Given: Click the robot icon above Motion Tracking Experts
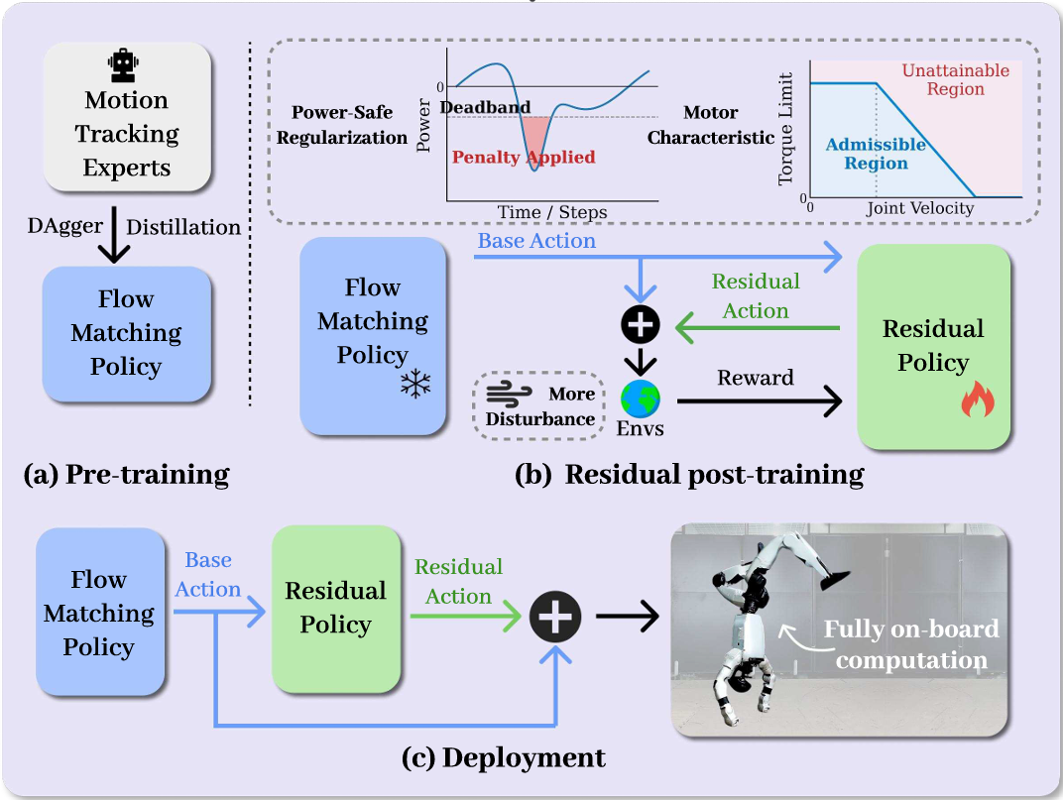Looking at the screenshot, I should click(124, 66).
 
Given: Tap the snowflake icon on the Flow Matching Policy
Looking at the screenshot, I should click(414, 386).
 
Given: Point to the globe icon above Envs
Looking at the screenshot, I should click(640, 400).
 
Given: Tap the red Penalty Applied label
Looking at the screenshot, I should click(524, 158).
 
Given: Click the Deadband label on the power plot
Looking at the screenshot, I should click(485, 107).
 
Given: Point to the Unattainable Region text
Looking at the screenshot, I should click(956, 79).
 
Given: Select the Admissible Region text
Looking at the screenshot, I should click(876, 154).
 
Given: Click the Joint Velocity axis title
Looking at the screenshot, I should click(919, 209).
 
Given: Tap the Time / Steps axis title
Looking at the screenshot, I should click(553, 212).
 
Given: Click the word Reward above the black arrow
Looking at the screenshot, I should click(757, 378).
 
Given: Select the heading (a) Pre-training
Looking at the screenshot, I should click(126, 475).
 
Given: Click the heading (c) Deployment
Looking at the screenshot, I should click(504, 758).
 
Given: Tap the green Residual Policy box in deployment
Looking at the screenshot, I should click(336, 608).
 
